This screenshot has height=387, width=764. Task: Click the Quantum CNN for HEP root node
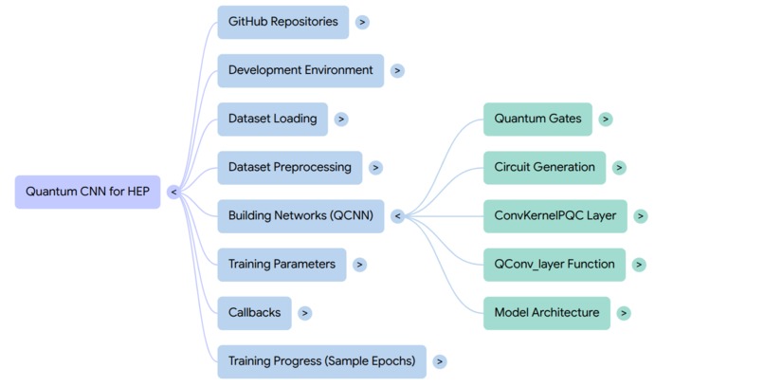(x=87, y=192)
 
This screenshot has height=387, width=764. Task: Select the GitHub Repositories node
(x=282, y=22)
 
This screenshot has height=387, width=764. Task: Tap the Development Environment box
(x=300, y=70)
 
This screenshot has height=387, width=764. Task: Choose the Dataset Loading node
(x=272, y=120)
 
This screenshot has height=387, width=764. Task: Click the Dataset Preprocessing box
(x=289, y=168)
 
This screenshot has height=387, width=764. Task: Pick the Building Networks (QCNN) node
(x=300, y=216)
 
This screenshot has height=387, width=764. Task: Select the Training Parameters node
(x=282, y=265)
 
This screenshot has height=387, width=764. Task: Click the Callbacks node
(x=253, y=313)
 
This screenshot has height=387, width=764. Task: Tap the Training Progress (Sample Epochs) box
(x=322, y=361)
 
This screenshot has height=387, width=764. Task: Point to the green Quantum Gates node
(x=537, y=120)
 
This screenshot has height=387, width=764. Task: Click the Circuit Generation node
(x=544, y=168)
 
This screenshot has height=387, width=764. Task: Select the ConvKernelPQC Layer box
(x=555, y=216)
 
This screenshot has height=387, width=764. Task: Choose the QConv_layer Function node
(x=555, y=265)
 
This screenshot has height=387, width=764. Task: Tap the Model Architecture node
(x=546, y=313)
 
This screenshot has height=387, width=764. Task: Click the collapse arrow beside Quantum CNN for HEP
(x=173, y=192)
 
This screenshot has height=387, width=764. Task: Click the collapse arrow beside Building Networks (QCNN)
(x=397, y=216)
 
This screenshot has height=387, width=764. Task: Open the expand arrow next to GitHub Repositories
(x=363, y=22)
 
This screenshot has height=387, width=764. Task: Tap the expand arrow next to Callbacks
(x=304, y=313)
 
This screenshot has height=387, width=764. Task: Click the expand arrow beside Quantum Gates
(x=606, y=120)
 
